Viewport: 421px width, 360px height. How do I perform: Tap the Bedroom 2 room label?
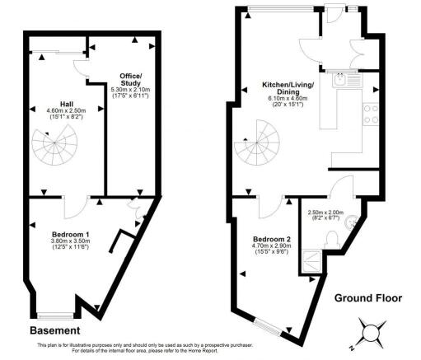tap(272, 238)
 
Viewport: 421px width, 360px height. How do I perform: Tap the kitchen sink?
tap(339, 80)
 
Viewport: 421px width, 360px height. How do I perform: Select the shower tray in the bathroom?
tap(311, 263)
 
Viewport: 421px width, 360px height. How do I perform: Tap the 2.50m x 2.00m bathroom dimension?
tap(324, 213)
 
